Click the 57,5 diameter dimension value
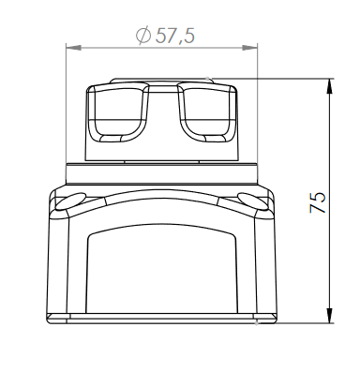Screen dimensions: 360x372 pyautogui.click(x=175, y=36)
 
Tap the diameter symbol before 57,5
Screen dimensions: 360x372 pyautogui.click(x=143, y=36)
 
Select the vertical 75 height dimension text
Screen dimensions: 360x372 pyautogui.click(x=318, y=202)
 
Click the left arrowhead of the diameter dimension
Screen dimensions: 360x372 pyautogui.click(x=74, y=48)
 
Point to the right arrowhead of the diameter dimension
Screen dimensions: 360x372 pyautogui.click(x=249, y=48)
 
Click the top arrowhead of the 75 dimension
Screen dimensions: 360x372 pyautogui.click(x=329, y=86)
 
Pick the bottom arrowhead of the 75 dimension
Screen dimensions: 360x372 pyautogui.click(x=329, y=316)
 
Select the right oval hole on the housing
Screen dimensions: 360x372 pyautogui.click(x=253, y=201)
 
